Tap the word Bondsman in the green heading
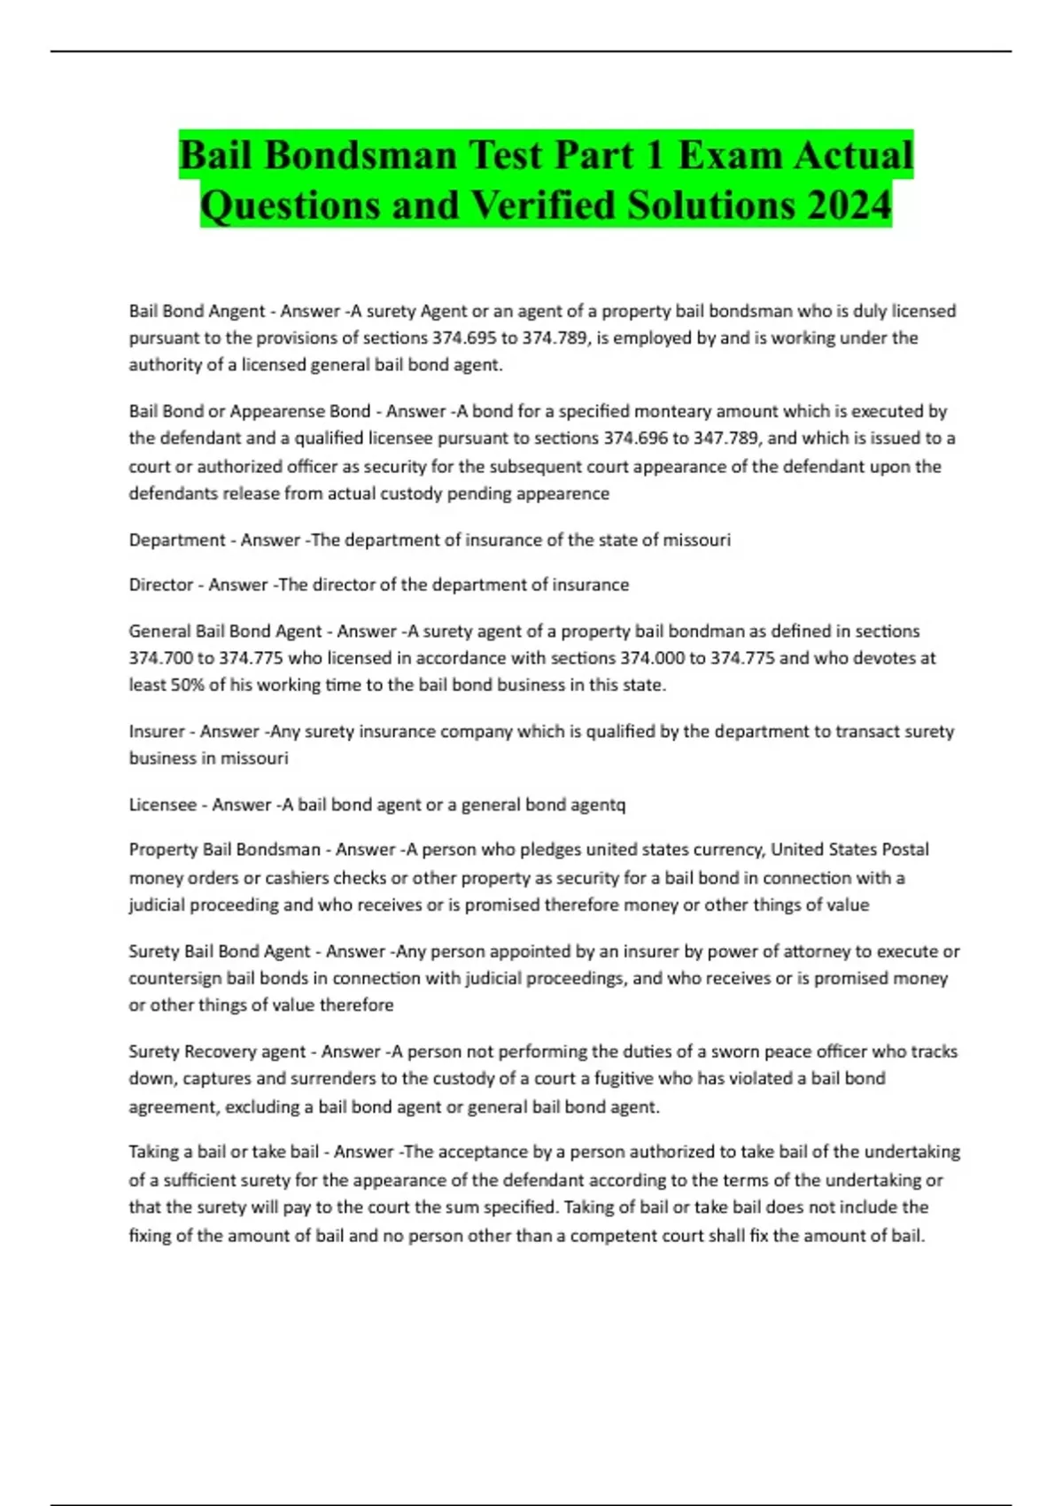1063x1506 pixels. pyautogui.click(x=360, y=155)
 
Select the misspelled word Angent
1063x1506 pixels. pyautogui.click(x=238, y=311)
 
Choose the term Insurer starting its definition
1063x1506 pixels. pyautogui.click(x=157, y=731)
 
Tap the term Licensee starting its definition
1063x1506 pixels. pyautogui.click(x=163, y=804)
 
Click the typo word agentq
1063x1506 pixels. pyautogui.click(x=601, y=804)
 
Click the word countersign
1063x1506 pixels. pyautogui.click(x=175, y=978)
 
